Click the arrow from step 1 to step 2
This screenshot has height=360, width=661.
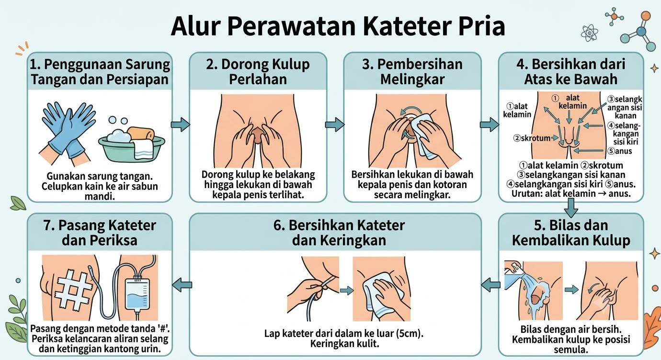tap(180, 124)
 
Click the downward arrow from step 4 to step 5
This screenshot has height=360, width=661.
tap(571, 208)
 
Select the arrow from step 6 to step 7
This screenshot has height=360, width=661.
tap(182, 285)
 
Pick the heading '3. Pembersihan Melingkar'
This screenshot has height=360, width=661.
tap(412, 72)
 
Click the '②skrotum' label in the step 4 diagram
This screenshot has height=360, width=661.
tap(532, 138)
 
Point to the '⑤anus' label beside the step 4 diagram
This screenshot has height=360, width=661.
tap(620, 151)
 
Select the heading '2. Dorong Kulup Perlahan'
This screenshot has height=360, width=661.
tap(258, 72)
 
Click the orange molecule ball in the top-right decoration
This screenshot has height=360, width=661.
tap(646, 16)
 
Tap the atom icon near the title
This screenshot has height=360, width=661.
tap(589, 33)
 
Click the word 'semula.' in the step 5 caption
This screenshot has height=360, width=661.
tap(571, 349)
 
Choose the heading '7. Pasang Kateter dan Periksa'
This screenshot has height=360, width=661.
tap(100, 233)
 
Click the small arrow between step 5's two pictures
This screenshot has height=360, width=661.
tap(571, 290)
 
